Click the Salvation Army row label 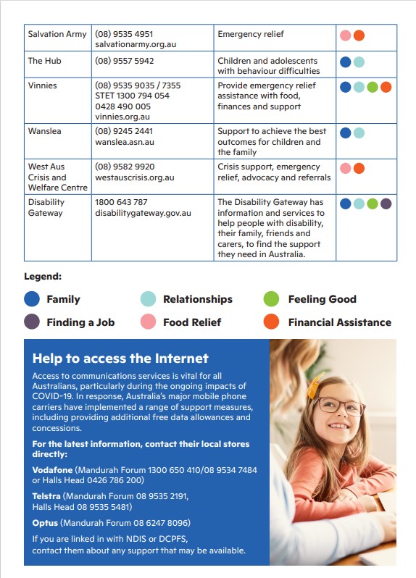coord(57,34)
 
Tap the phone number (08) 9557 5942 coord(124,61)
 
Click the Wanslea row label coord(44,131)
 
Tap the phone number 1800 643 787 coord(121,202)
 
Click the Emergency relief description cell coord(251,34)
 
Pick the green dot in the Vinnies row coord(373,87)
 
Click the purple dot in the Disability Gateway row coord(386,204)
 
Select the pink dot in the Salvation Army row coord(346,35)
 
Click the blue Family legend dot coord(32,299)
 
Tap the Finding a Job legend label coord(80,322)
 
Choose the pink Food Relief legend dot coord(148,322)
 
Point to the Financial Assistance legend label coord(339,322)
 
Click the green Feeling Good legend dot coord(272,299)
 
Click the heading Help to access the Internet coord(120,359)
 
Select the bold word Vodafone coord(52,470)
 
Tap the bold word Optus coord(45,522)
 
